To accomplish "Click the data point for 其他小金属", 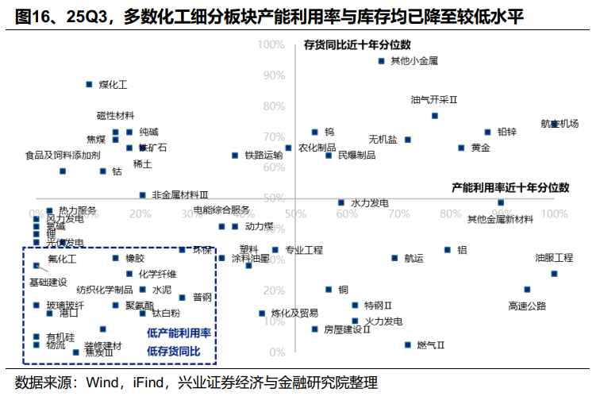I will (x=381, y=61).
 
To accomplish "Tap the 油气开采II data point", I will (x=435, y=116).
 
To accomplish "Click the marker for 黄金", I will (x=461, y=148).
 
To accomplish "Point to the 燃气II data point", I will (x=408, y=344).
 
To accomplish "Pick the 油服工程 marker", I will (x=554, y=274).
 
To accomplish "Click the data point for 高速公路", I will (x=527, y=290).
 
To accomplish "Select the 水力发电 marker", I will (x=341, y=202).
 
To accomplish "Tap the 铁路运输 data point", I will (x=235, y=156).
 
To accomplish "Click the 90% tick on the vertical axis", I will (x=274, y=75).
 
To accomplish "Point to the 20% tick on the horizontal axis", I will (x=140, y=213).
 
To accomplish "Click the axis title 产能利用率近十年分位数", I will (x=510, y=187).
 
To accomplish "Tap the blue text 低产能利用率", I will (x=179, y=333).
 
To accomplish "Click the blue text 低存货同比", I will (x=174, y=351).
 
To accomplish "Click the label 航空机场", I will (x=560, y=123).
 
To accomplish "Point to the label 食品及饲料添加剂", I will (x=63, y=155).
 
